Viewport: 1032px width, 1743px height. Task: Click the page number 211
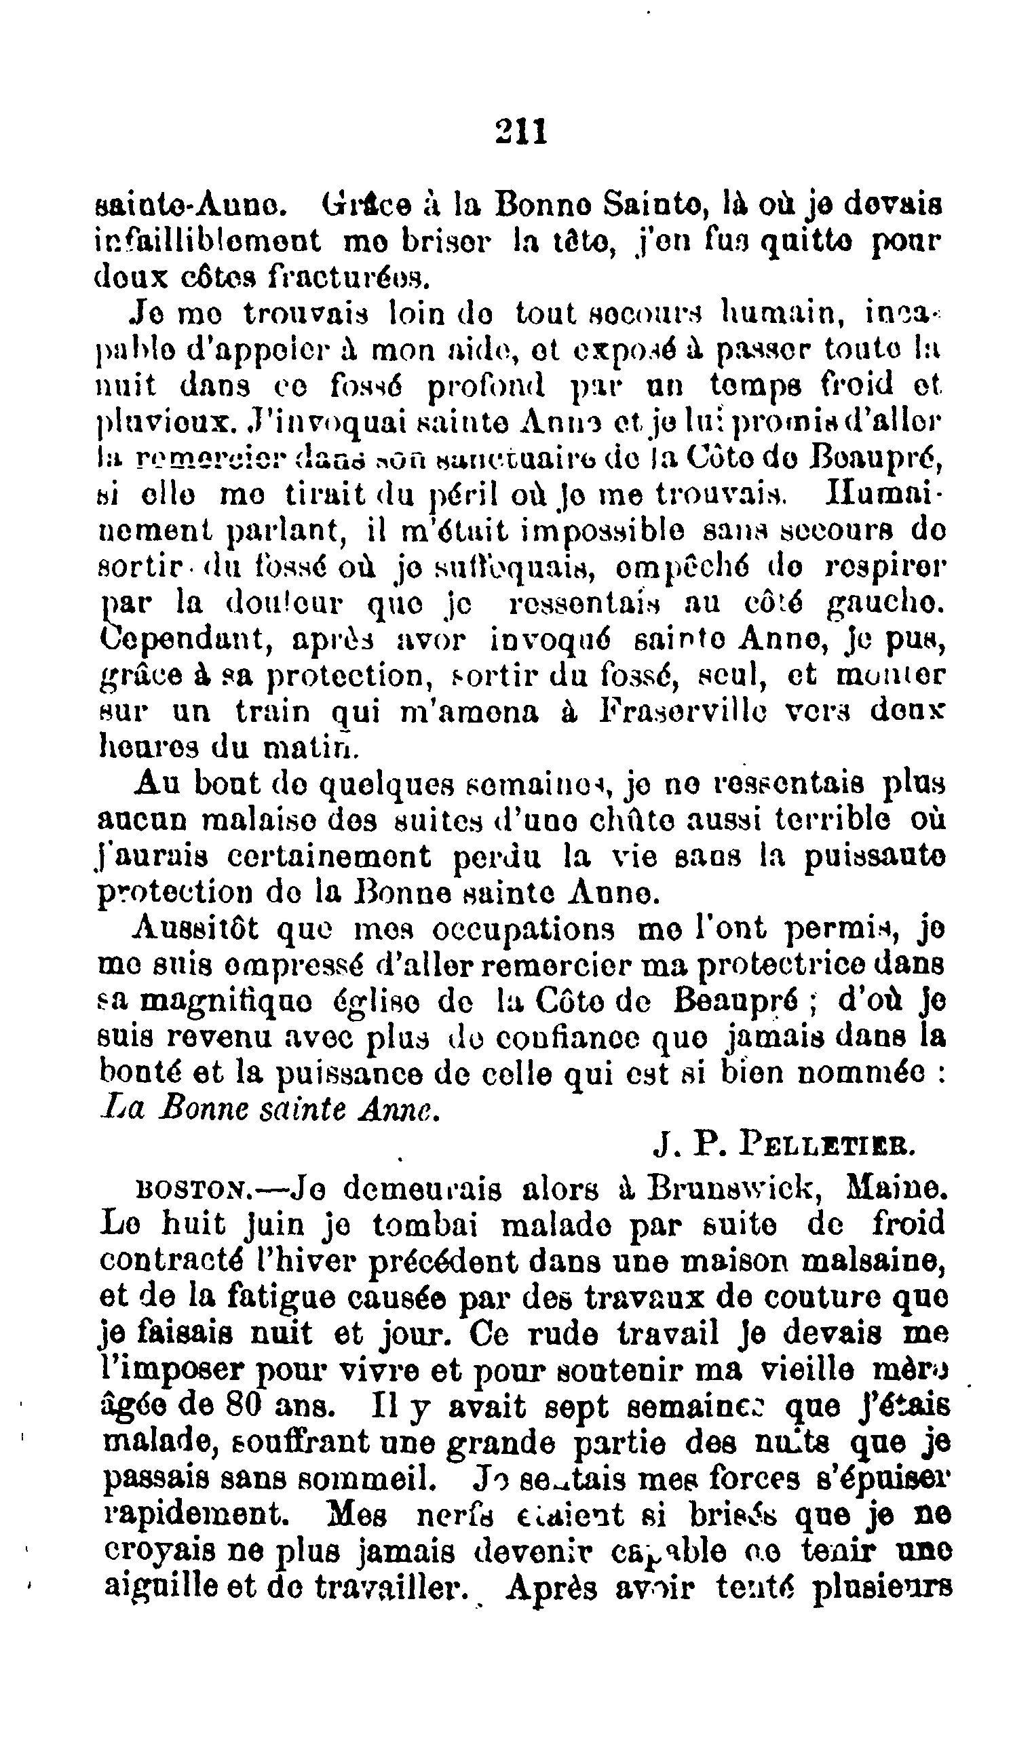[522, 132]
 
